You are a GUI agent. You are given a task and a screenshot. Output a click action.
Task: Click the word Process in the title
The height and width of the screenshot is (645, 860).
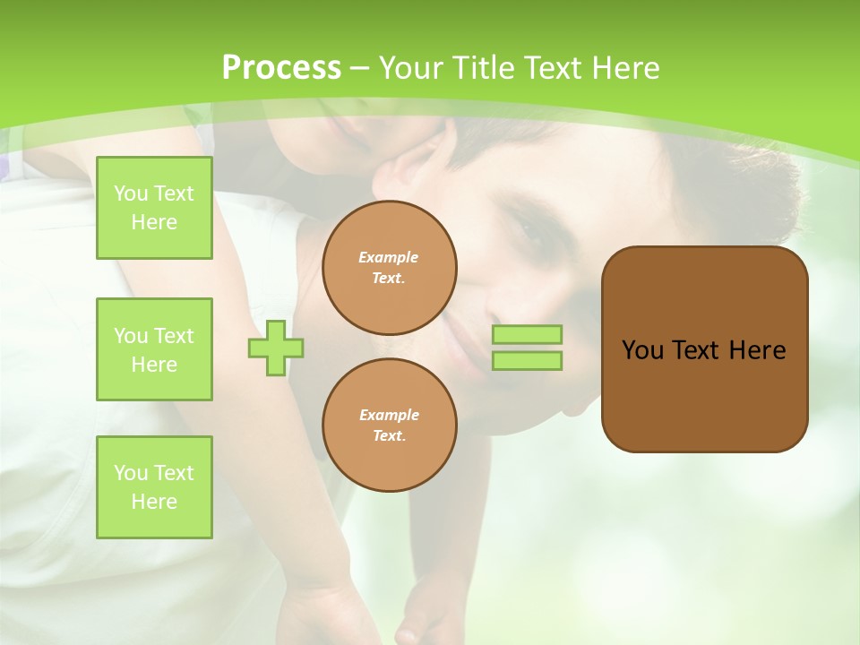(x=281, y=68)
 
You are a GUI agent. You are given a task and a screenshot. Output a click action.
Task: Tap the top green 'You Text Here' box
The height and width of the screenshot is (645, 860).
(x=154, y=208)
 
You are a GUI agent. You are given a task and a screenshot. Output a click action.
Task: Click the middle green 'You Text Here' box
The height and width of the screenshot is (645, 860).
(x=154, y=349)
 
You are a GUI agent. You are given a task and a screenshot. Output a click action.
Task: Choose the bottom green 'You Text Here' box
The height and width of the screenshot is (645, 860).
(x=154, y=487)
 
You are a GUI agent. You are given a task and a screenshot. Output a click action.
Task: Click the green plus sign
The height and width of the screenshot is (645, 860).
(x=276, y=348)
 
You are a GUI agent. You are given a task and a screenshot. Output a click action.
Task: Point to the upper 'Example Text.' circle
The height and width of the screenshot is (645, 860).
(x=389, y=268)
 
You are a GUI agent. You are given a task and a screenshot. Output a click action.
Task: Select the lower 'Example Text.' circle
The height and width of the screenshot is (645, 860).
(x=389, y=426)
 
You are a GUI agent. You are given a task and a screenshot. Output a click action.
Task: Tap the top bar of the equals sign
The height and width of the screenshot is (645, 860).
(x=527, y=335)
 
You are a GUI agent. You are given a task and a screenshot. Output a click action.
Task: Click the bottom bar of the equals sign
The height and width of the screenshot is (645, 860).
(x=527, y=361)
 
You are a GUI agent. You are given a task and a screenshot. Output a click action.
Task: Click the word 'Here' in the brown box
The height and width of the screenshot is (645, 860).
(x=757, y=350)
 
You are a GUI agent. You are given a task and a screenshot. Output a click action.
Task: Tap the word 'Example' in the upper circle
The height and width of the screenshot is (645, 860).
(x=389, y=257)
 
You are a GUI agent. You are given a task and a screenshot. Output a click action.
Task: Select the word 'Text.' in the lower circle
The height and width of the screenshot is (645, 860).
(x=389, y=436)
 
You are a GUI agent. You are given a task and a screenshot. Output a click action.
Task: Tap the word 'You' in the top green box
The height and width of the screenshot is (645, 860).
(x=131, y=193)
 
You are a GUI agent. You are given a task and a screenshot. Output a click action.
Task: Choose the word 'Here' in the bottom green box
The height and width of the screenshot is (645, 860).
(x=154, y=502)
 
